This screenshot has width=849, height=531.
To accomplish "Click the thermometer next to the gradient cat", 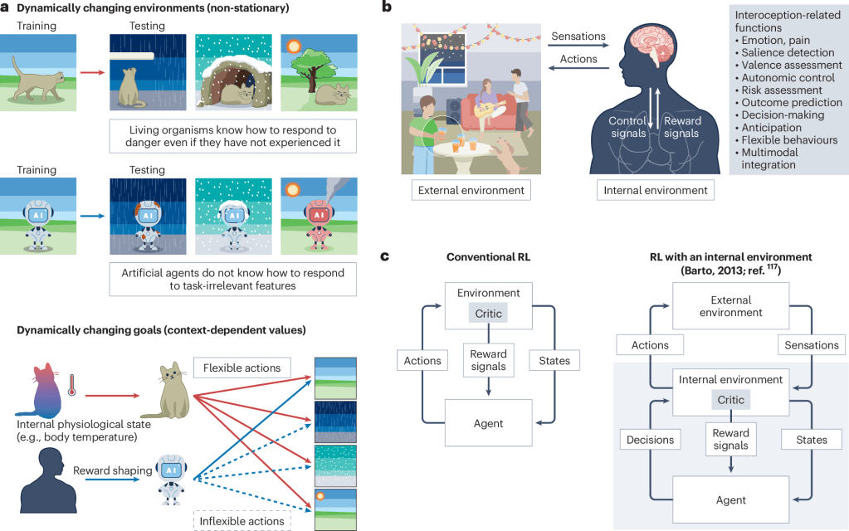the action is click(x=71, y=385).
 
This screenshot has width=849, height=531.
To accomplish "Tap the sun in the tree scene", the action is click(x=294, y=46).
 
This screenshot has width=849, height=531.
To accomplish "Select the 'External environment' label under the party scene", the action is click(x=471, y=191).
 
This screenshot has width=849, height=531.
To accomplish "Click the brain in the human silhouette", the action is click(x=651, y=46).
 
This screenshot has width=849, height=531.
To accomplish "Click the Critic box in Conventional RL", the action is click(x=488, y=314).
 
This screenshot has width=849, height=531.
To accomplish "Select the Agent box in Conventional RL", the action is click(x=488, y=423).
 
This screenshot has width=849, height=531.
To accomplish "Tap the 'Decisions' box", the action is click(x=651, y=440).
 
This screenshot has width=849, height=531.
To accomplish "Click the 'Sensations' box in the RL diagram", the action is click(x=812, y=345).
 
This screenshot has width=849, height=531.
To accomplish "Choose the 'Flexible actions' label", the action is click(x=242, y=368).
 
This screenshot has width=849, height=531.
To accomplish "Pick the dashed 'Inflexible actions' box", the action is click(x=242, y=521).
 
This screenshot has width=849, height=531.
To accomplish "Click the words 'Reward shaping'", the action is click(x=113, y=470).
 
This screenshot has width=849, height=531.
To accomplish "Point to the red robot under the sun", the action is click(x=319, y=224).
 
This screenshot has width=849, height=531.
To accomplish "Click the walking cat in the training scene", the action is click(x=39, y=80).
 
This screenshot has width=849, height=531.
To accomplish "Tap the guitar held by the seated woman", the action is click(x=490, y=109).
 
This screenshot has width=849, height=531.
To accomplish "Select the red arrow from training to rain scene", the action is click(x=92, y=72).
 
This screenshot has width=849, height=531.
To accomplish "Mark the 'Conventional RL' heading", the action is click(x=488, y=257).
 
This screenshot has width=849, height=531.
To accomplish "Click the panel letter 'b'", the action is click(x=387, y=7).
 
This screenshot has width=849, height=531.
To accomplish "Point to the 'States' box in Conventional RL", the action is click(x=554, y=360).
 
